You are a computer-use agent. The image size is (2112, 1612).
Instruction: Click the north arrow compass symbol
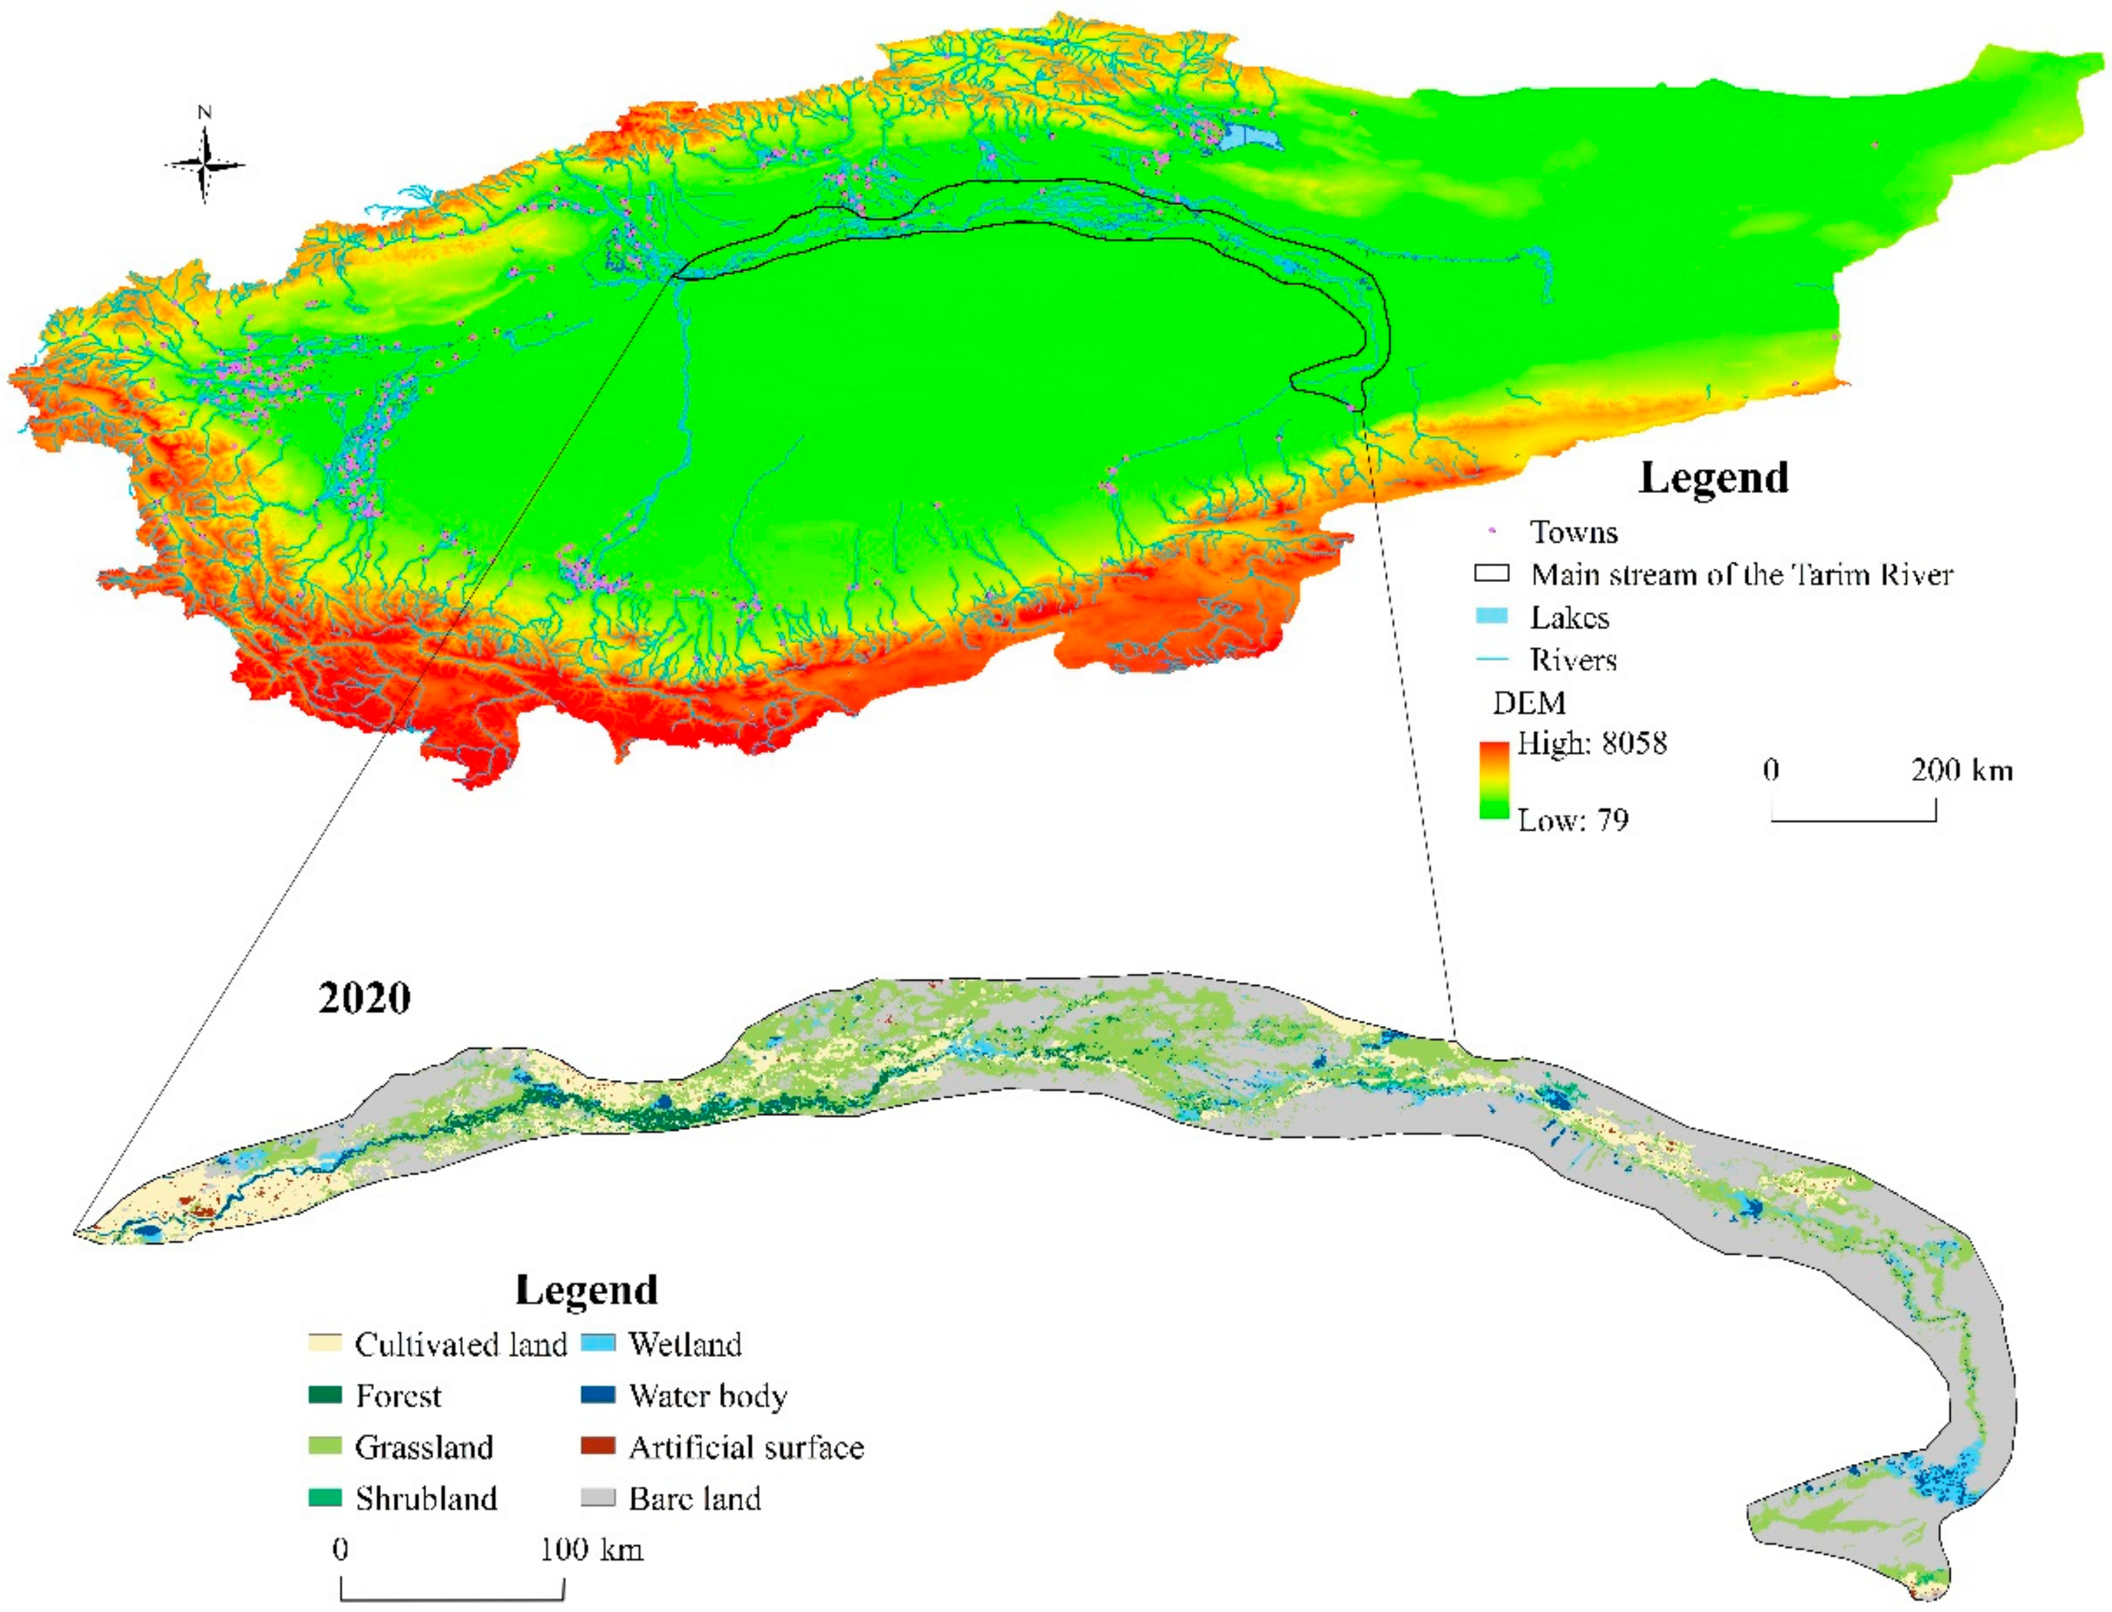click(205, 163)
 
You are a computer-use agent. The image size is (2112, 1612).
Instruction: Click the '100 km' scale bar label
click(591, 1549)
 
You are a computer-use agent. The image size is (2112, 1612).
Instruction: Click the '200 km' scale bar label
click(1961, 770)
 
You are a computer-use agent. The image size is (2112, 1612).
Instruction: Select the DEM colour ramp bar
click(1494, 780)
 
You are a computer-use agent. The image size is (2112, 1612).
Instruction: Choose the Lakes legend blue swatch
click(1492, 616)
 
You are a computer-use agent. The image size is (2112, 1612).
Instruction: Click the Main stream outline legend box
click(1492, 574)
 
